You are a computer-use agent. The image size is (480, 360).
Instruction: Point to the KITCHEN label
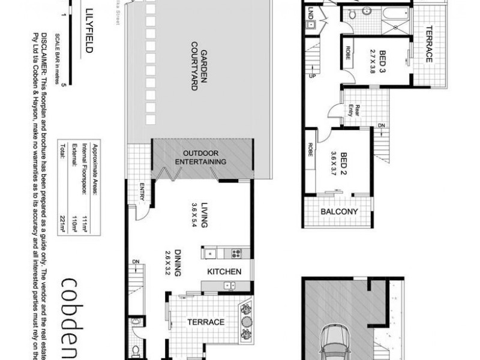click(x=224, y=272)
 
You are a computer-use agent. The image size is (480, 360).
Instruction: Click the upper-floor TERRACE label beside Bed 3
click(x=430, y=46)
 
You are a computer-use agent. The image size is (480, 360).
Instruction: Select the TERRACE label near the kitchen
click(x=206, y=322)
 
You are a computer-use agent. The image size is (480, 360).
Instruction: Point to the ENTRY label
click(x=142, y=192)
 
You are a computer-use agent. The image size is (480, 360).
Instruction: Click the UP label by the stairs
click(x=311, y=76)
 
